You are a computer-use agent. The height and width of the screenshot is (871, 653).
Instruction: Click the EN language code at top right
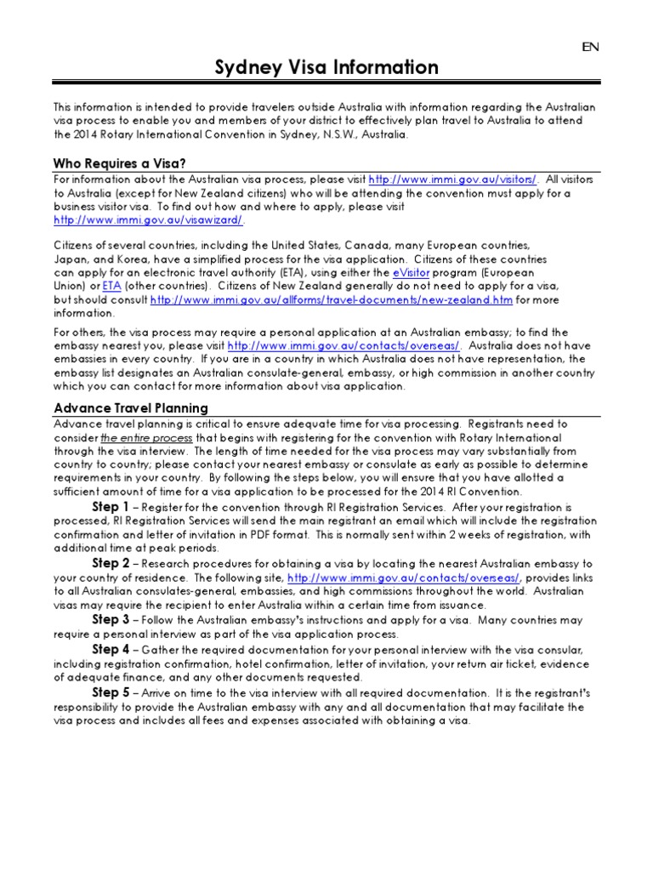click(x=590, y=47)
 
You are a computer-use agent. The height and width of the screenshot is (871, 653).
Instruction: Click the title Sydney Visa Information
click(x=326, y=68)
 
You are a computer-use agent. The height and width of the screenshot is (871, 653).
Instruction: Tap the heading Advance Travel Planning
click(x=131, y=408)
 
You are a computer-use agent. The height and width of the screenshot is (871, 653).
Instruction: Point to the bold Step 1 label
click(x=111, y=507)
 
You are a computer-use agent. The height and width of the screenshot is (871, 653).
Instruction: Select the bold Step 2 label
click(x=111, y=563)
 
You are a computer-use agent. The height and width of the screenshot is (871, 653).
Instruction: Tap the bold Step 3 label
click(x=111, y=619)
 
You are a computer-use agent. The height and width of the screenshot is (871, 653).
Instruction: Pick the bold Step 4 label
click(x=111, y=649)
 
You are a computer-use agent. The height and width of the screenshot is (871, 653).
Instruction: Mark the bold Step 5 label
click(x=111, y=692)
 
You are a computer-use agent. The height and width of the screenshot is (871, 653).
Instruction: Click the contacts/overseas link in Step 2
click(x=403, y=578)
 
